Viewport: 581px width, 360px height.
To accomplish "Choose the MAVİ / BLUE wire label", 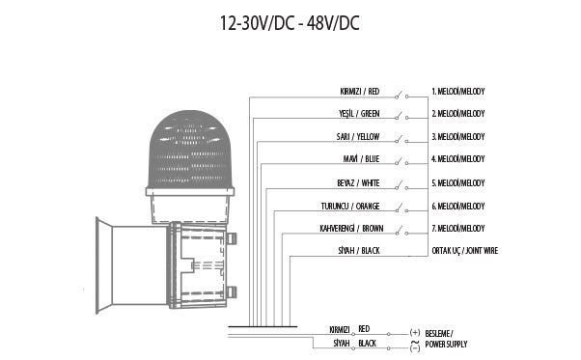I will [x=360, y=158].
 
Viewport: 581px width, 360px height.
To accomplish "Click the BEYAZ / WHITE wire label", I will [x=358, y=182].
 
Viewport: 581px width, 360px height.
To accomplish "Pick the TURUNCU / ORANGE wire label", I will [x=351, y=206].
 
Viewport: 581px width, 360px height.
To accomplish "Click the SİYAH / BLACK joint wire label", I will [x=359, y=251].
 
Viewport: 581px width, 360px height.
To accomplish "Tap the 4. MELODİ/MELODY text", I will [x=457, y=158].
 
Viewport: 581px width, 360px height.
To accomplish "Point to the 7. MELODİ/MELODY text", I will [x=457, y=229].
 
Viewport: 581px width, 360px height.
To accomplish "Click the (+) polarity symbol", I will [x=414, y=330].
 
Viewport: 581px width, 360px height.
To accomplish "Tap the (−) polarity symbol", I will [x=414, y=348].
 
